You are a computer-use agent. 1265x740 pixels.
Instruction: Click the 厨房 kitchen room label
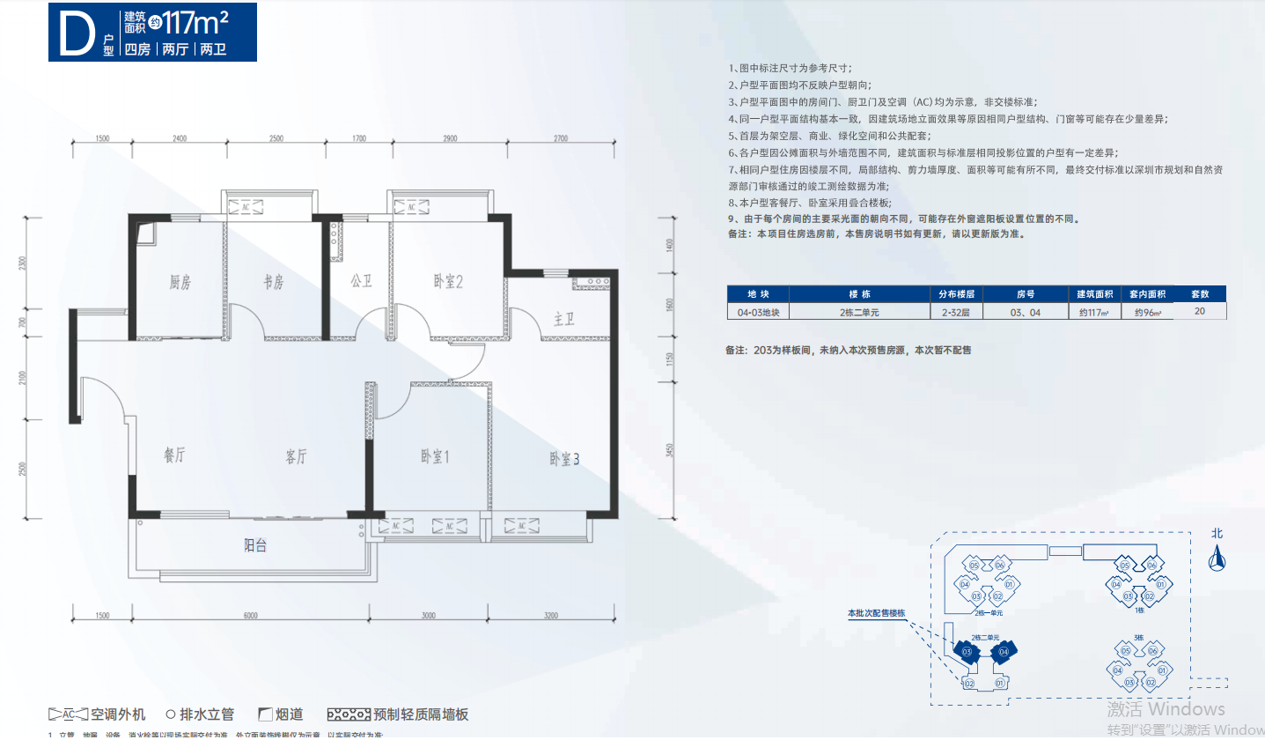click(180, 283)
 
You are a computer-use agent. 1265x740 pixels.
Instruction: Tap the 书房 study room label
click(274, 283)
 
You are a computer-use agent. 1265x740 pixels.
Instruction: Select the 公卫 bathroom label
click(361, 282)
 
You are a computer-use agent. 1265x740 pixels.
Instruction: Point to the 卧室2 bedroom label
click(448, 282)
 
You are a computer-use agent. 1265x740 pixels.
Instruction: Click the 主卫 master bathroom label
click(564, 319)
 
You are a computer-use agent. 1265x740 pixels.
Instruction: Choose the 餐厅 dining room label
click(175, 456)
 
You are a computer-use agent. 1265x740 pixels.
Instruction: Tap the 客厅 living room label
click(297, 456)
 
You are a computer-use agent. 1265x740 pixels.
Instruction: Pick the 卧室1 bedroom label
click(435, 457)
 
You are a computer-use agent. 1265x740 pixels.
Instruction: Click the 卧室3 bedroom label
click(564, 459)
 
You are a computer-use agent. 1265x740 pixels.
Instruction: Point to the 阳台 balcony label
click(255, 546)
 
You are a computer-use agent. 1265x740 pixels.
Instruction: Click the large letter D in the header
click(77, 32)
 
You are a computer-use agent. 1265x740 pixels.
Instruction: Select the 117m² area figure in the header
click(202, 22)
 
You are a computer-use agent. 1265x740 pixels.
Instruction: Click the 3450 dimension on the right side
click(670, 451)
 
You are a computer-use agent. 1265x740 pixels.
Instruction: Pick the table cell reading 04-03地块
click(758, 311)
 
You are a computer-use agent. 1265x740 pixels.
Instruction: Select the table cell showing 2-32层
click(954, 311)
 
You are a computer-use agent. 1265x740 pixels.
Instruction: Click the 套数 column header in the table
click(1200, 294)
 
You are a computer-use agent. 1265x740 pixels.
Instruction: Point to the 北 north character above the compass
click(1217, 533)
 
